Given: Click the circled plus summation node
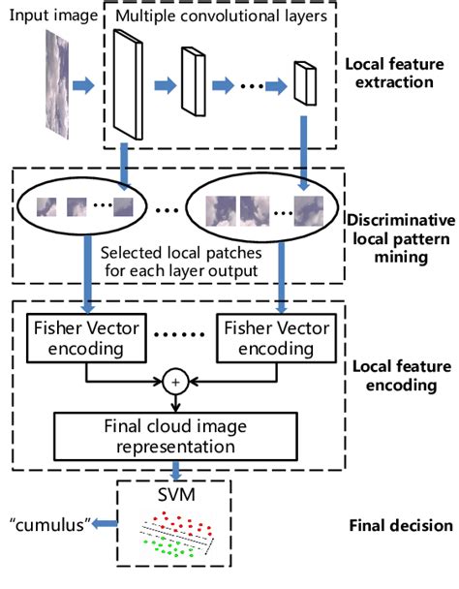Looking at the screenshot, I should click(177, 381).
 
